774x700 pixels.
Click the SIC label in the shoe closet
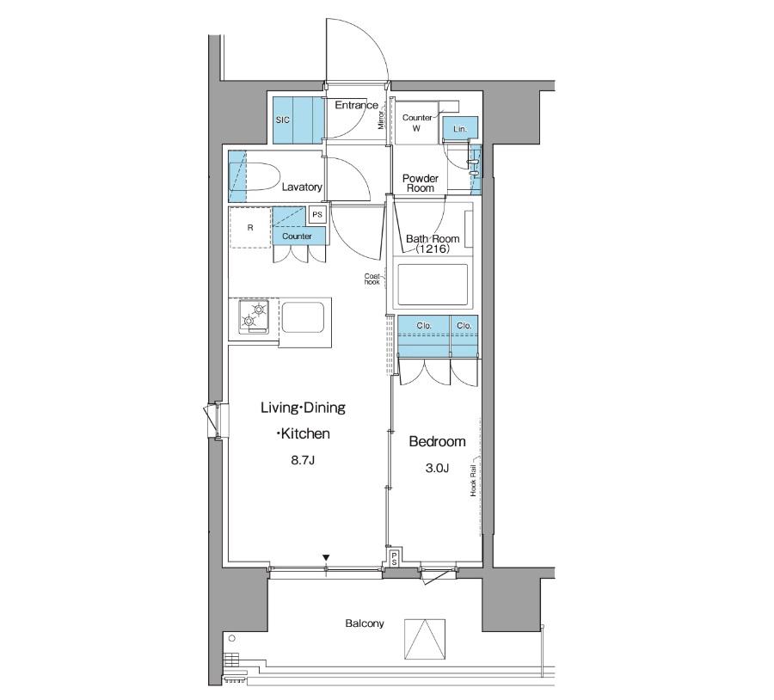[283, 120]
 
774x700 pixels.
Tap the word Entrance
[356, 105]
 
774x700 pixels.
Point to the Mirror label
[381, 120]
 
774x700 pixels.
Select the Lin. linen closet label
[460, 129]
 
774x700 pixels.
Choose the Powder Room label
[421, 183]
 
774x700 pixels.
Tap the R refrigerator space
[250, 228]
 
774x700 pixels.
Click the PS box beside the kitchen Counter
[317, 214]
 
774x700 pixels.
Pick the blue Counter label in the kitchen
[297, 236]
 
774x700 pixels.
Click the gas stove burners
[254, 316]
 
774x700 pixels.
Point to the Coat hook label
[372, 279]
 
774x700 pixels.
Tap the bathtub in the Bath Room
[433, 286]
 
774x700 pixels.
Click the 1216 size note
[433, 249]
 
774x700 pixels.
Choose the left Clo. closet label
[423, 326]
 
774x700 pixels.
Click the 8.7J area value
[303, 461]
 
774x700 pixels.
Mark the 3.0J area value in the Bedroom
[437, 468]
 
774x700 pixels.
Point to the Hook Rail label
[473, 481]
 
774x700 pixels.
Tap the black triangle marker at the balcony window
[326, 558]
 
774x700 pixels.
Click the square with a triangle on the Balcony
[425, 639]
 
